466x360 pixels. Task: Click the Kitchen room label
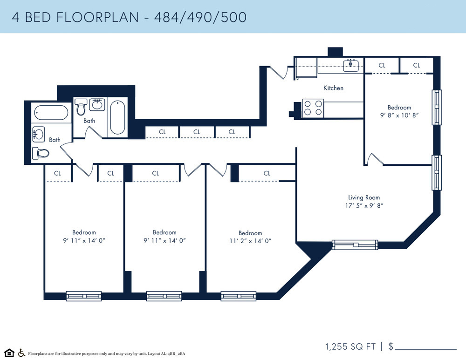pos(333,88)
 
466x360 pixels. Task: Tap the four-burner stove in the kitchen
pos(313,108)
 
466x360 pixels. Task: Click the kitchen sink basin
pos(351,66)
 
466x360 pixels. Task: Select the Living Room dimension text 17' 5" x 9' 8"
pos(364,205)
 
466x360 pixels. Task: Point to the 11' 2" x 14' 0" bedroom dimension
pos(250,241)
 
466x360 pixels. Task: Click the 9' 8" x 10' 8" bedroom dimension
pos(399,115)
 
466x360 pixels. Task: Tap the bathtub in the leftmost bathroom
pos(51,113)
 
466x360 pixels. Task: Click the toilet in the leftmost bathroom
pos(41,153)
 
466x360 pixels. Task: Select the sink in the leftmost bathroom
pos(39,135)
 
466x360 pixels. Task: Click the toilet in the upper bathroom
pos(81,107)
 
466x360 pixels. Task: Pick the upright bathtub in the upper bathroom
pos(117,117)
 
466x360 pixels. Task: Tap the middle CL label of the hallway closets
pos(197,132)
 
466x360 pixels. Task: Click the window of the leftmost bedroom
pos(84,296)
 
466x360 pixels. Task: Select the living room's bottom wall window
pos(355,245)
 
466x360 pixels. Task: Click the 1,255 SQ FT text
pos(350,346)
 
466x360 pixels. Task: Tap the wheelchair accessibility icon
pos(21,353)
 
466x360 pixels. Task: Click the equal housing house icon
pos(9,353)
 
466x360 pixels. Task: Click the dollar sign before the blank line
pos(391,346)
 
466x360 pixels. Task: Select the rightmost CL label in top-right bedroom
pos(416,65)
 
